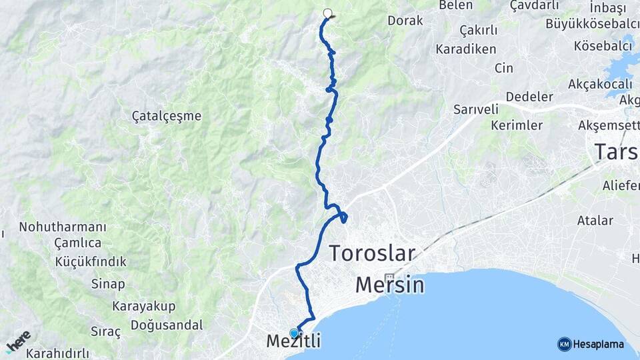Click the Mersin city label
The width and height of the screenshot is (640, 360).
coord(389,285)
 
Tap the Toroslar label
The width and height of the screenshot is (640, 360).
coord(372,254)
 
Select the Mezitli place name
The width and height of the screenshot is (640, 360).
coord(293,341)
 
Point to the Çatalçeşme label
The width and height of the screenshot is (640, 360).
coord(167,116)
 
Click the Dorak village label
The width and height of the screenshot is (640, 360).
coord(405,21)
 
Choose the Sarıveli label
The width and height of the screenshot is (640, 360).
coord(476,109)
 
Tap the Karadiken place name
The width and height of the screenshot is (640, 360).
coord(466,49)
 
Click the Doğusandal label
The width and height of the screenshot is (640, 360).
coord(167,325)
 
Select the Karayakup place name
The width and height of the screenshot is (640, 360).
coord(143,307)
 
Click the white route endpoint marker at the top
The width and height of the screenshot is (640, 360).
coord(327,13)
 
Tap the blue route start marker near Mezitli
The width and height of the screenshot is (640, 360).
coord(294,333)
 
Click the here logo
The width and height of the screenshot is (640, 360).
coord(19,341)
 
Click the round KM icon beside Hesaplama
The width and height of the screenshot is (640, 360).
coord(564,344)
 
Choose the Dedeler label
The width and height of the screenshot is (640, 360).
coord(530,97)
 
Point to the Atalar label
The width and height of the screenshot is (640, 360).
coord(595,221)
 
